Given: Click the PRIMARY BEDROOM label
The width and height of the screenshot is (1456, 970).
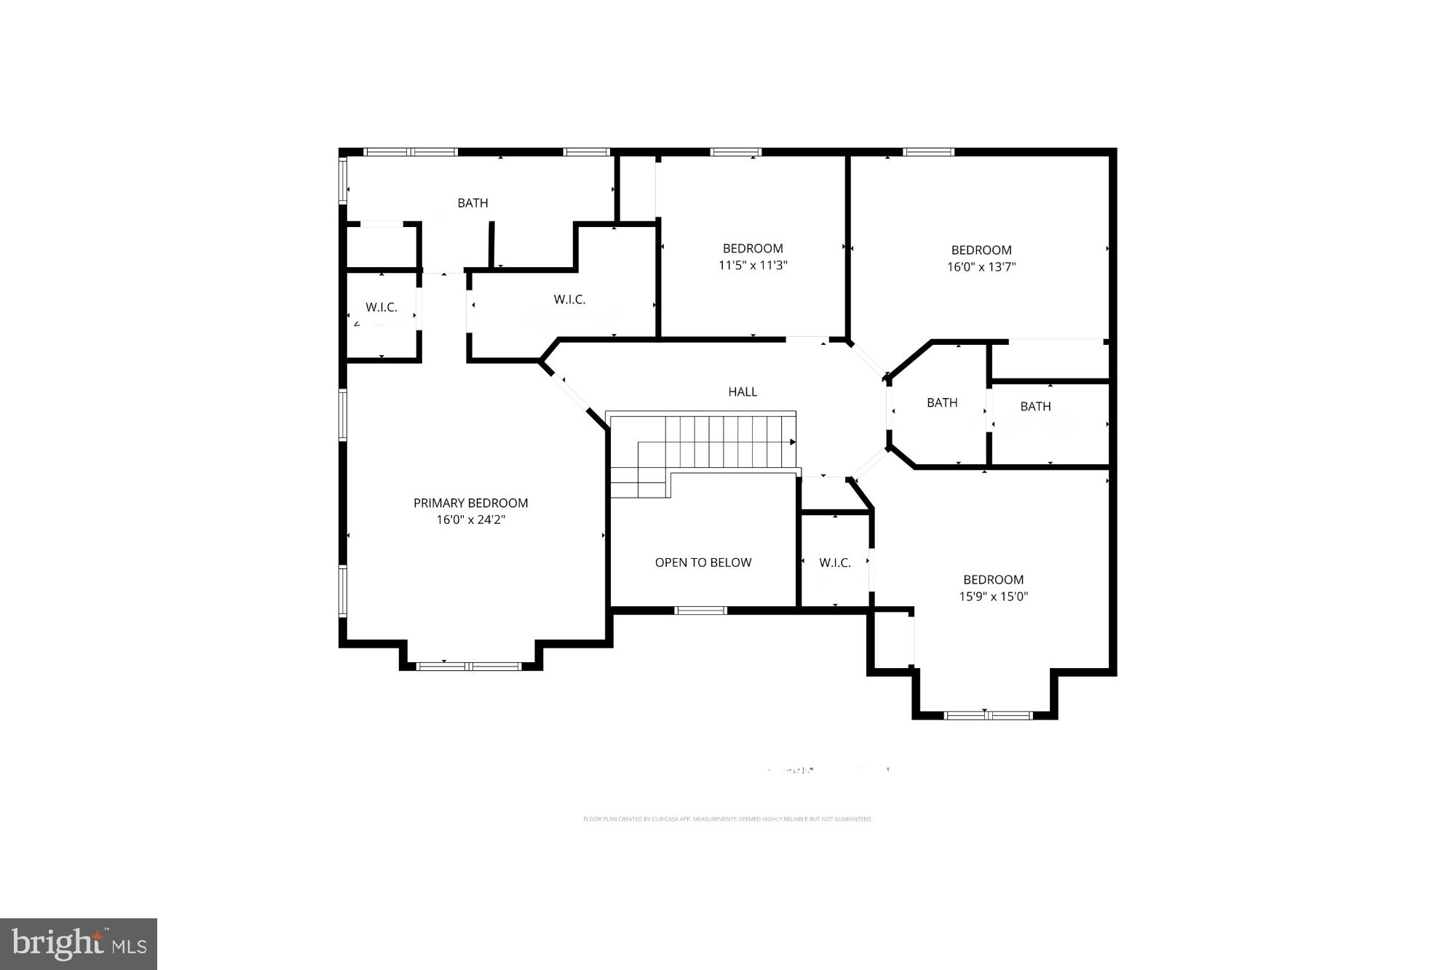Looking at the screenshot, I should pos(470,503).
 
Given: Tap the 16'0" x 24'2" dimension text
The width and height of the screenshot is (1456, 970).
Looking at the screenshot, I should pos(470,520).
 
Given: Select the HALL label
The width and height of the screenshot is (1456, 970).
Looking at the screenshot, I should pos(743,391).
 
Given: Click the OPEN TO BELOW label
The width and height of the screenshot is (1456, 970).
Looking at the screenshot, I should pos(703,562).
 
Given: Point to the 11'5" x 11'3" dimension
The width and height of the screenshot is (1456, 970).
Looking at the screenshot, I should pos(753,266).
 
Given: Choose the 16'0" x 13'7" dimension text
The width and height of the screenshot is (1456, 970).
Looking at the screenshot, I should pos(981,267).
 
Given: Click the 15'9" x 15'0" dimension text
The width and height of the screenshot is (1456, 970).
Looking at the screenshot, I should pos(993,597).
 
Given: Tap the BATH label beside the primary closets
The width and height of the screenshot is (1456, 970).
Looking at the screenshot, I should pos(472,203).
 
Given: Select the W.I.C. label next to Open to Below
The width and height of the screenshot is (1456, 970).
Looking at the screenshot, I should pos(834,562).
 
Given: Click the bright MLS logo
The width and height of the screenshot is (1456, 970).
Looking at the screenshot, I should pos(79,944).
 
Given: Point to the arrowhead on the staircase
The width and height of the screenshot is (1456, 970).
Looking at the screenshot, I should pos(793,442).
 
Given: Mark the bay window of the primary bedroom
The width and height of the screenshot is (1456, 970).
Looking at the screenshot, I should pos(469,666).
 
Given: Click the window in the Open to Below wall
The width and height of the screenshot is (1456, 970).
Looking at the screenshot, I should pos(700,611).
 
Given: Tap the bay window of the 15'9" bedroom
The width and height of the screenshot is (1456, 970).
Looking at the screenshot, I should pos(988,715).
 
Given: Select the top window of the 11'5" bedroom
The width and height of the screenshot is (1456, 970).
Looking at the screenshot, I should pos(735,152).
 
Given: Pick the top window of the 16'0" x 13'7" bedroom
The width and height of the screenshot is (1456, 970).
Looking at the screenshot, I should pos(928,152).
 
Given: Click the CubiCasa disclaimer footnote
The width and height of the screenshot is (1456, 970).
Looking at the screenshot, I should pos(727,819).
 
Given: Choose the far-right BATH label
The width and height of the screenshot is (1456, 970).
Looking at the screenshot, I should pos(1034,407).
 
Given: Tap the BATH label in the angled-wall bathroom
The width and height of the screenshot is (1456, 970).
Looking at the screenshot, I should pos(941,402).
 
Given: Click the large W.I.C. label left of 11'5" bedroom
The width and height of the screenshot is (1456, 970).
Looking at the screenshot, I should pos(569,299).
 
